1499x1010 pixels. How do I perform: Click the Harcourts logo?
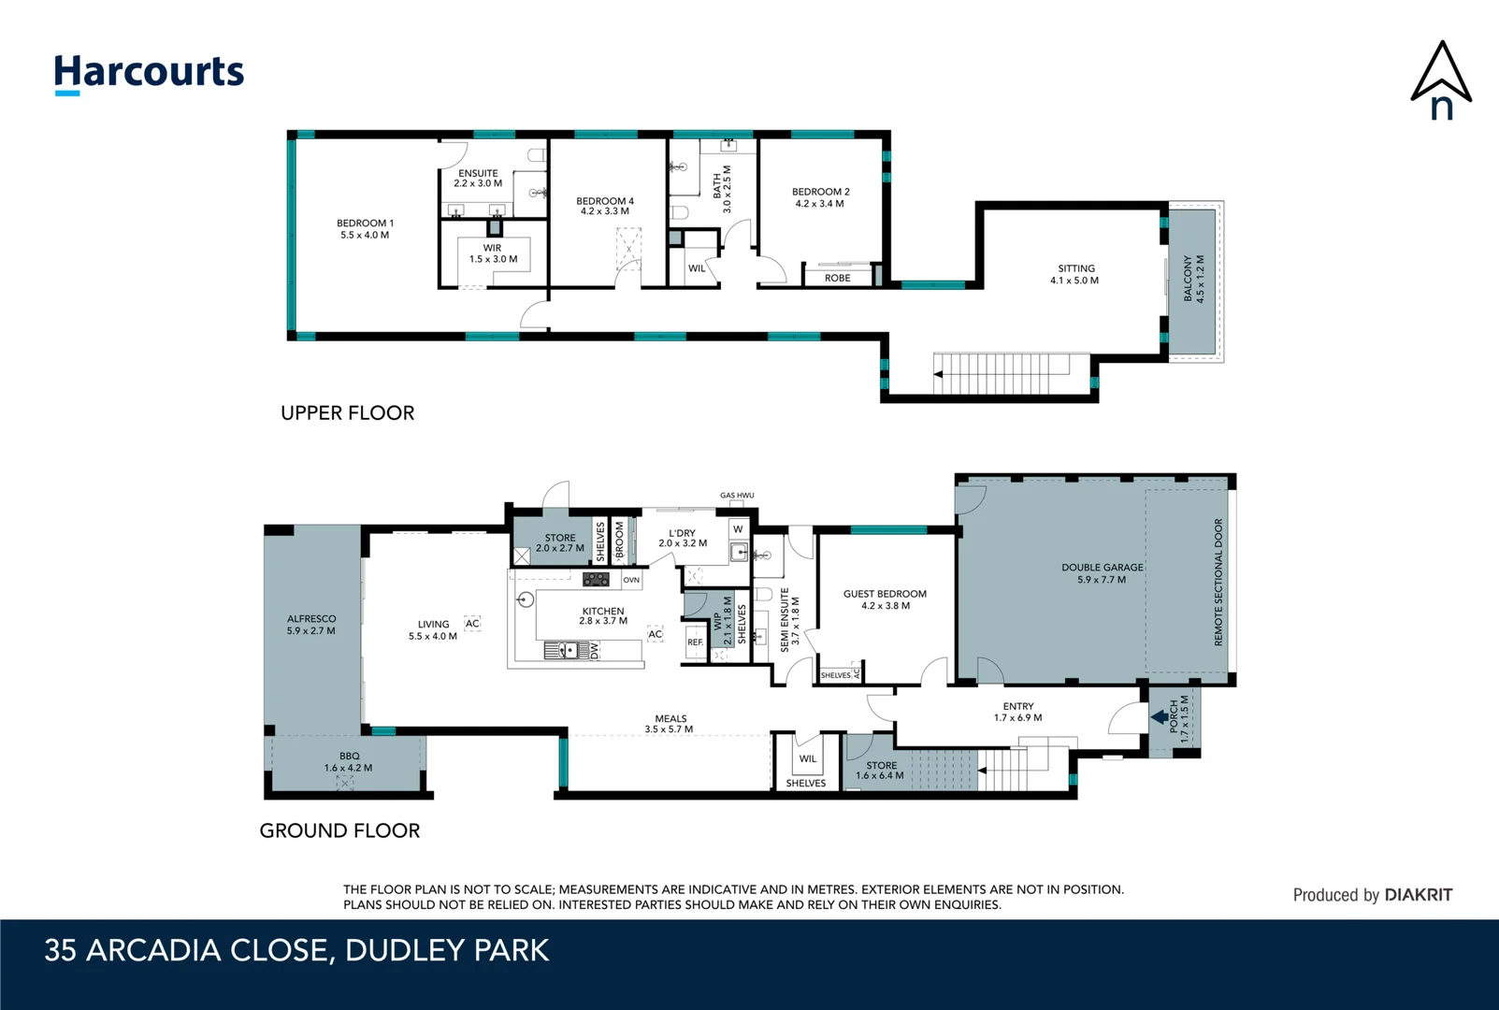coord(149,73)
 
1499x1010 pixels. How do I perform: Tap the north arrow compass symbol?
coord(1441,80)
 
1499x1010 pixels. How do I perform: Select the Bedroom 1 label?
coord(365,229)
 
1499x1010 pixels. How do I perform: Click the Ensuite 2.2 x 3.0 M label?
coord(478,179)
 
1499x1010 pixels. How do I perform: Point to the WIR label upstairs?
coord(493,253)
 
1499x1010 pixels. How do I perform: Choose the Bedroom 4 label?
coord(604,206)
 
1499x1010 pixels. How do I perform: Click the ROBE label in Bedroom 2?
coord(837,278)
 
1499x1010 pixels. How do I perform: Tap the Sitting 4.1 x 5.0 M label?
coord(1074,274)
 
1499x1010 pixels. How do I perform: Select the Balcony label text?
coord(1194,279)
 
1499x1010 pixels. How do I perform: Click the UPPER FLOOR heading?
coord(347,412)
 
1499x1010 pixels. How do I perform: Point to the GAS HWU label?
coord(737,496)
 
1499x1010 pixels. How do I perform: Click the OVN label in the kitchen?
coord(631,580)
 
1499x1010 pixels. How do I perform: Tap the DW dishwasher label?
coord(594,650)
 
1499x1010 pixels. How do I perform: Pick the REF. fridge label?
coord(695,642)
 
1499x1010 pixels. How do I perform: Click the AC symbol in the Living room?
coord(472,624)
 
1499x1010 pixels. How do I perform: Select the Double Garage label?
coord(1102,573)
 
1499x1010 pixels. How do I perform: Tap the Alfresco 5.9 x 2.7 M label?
coord(310,625)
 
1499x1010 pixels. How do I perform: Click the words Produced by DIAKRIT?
coord(1372,895)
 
